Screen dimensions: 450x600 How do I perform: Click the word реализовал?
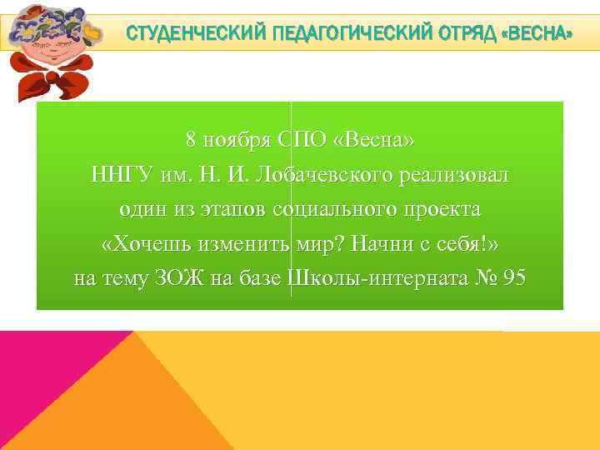pos(457,175)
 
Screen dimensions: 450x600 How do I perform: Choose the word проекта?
pos(441,209)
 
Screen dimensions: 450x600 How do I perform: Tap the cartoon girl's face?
pos(52,51)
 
